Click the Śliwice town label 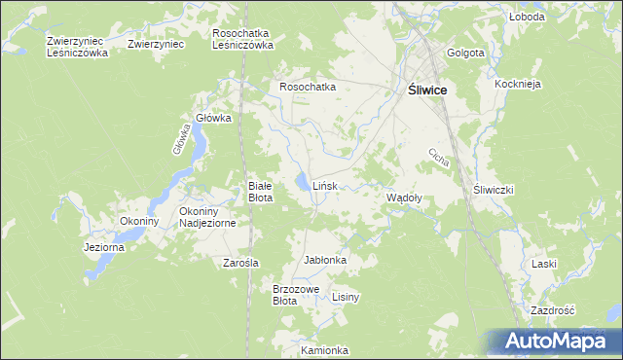(426, 89)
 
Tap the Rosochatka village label (308, 87)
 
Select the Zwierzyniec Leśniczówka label (77, 48)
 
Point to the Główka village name (213, 118)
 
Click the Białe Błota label (260, 192)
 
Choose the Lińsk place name (325, 185)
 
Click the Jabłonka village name (326, 261)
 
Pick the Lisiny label (347, 297)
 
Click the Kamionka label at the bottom (324, 350)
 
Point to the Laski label (543, 264)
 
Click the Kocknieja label (517, 85)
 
